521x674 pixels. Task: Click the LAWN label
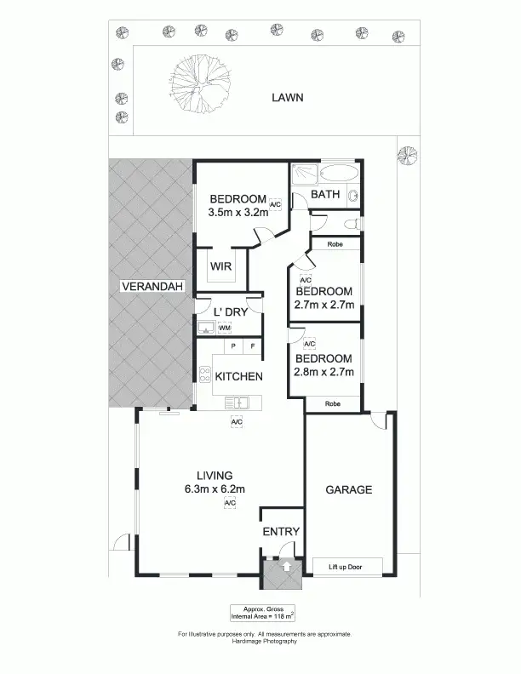pos(287,97)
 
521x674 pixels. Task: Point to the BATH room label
pos(325,194)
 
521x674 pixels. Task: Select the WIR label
pos(220,266)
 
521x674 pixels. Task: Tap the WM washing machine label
pos(224,328)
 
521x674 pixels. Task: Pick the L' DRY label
pos(229,312)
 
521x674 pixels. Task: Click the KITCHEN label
pos(238,376)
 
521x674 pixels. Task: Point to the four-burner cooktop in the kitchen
pos(204,375)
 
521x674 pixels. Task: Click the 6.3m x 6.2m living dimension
pos(215,488)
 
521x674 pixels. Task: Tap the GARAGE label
pos(350,490)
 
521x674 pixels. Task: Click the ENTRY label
pos(281,532)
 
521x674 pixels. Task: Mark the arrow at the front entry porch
pos(286,564)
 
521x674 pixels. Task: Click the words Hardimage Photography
pos(264,641)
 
